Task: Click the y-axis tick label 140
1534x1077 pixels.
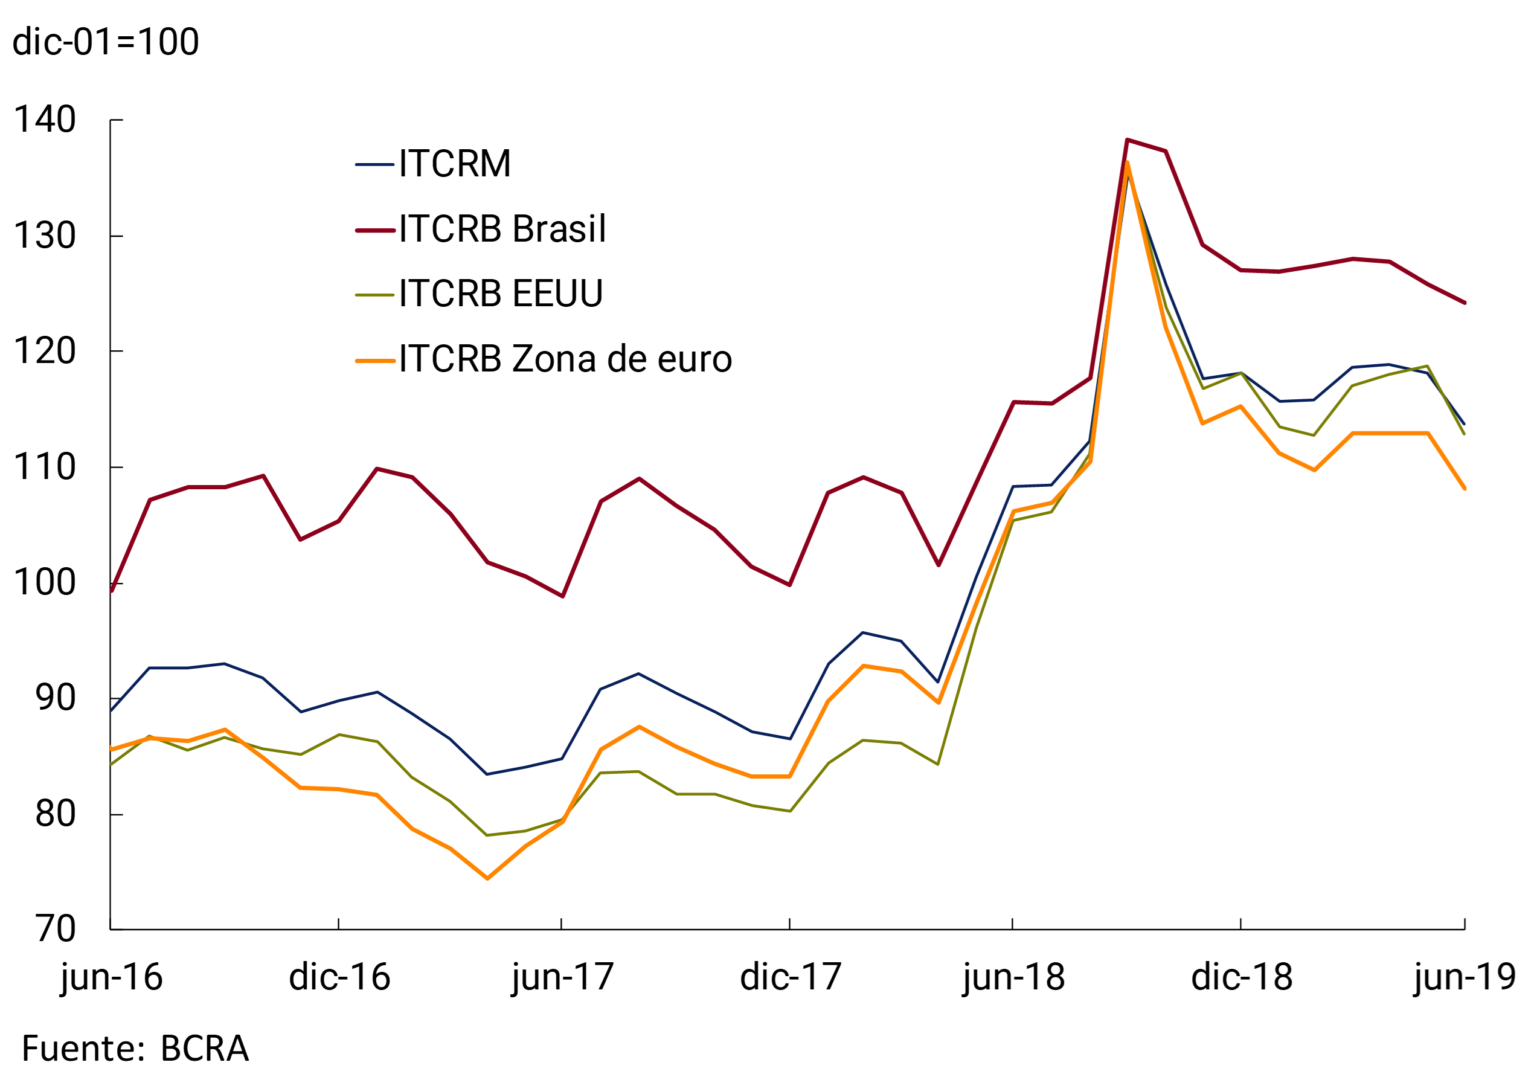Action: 44,120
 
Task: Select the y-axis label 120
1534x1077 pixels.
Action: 44,352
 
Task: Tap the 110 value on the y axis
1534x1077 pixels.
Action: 44,467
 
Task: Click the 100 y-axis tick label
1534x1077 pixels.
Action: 44,583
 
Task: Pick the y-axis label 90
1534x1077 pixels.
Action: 55,698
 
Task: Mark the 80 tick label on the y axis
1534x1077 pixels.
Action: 55,814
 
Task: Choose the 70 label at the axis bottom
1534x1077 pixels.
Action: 55,930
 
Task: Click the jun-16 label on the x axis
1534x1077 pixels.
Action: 112,978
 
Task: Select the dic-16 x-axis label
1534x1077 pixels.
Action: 339,978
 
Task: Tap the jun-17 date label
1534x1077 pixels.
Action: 562,978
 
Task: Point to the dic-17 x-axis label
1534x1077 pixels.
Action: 791,978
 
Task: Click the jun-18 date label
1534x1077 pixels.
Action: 1013,978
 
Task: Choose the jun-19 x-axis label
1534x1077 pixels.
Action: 1465,978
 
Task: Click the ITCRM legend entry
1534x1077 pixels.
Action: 454,164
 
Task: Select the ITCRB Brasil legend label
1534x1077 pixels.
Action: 502,229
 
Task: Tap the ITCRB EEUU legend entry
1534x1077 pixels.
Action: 501,294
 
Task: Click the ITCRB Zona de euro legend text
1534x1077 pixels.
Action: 565,359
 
